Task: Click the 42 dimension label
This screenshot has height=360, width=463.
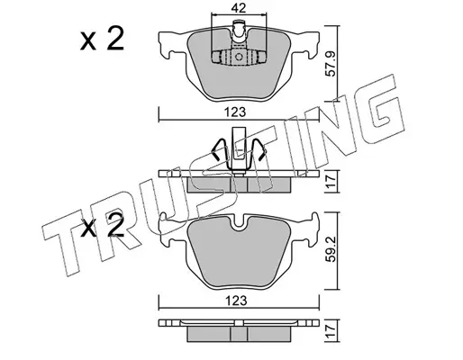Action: (x=239, y=8)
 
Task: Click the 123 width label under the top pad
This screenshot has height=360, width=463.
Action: (x=236, y=112)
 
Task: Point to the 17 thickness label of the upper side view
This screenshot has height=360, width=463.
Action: (x=331, y=181)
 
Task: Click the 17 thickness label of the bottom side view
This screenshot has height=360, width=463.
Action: (x=331, y=330)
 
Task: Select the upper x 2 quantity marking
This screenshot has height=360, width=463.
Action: (x=102, y=39)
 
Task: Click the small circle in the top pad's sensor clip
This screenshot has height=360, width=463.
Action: (x=239, y=57)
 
